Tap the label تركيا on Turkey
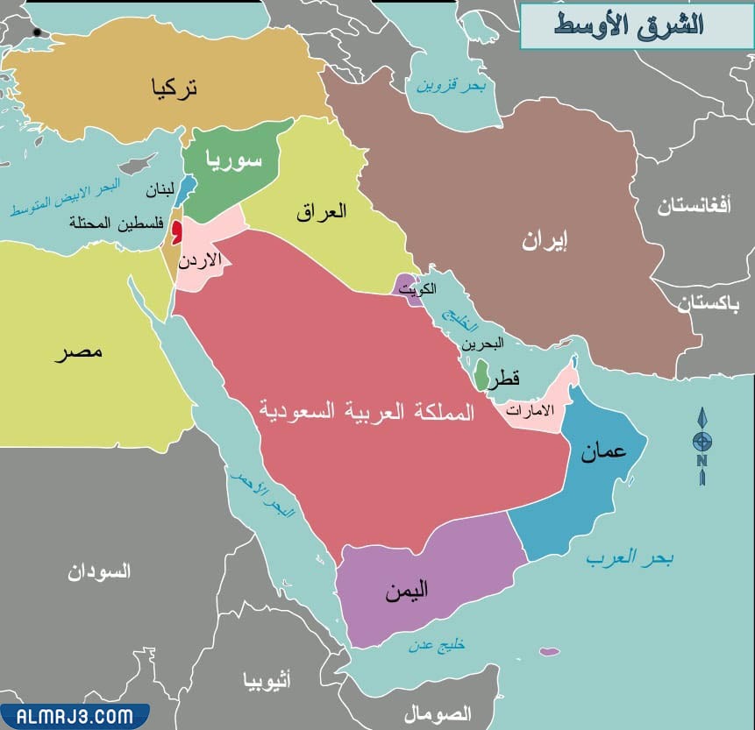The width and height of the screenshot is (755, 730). (175, 88)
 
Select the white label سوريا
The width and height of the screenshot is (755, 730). (234, 159)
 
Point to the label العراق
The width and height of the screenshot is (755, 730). (321, 211)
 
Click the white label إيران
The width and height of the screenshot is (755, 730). (545, 243)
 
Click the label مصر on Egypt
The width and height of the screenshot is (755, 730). (78, 352)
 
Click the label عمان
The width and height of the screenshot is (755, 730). (602, 450)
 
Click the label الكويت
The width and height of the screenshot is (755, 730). (417, 289)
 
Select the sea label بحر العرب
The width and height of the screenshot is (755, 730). (630, 557)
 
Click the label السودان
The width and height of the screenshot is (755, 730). (99, 572)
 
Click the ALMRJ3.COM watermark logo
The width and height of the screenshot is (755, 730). (73, 715)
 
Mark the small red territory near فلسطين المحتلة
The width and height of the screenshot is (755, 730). (176, 231)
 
